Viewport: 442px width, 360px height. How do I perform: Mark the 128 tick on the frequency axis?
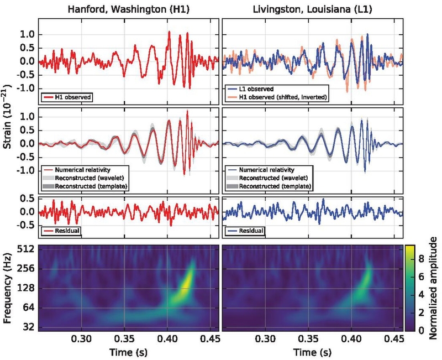pos(27,288)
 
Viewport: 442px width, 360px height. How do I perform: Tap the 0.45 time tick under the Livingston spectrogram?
pos(394,340)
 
